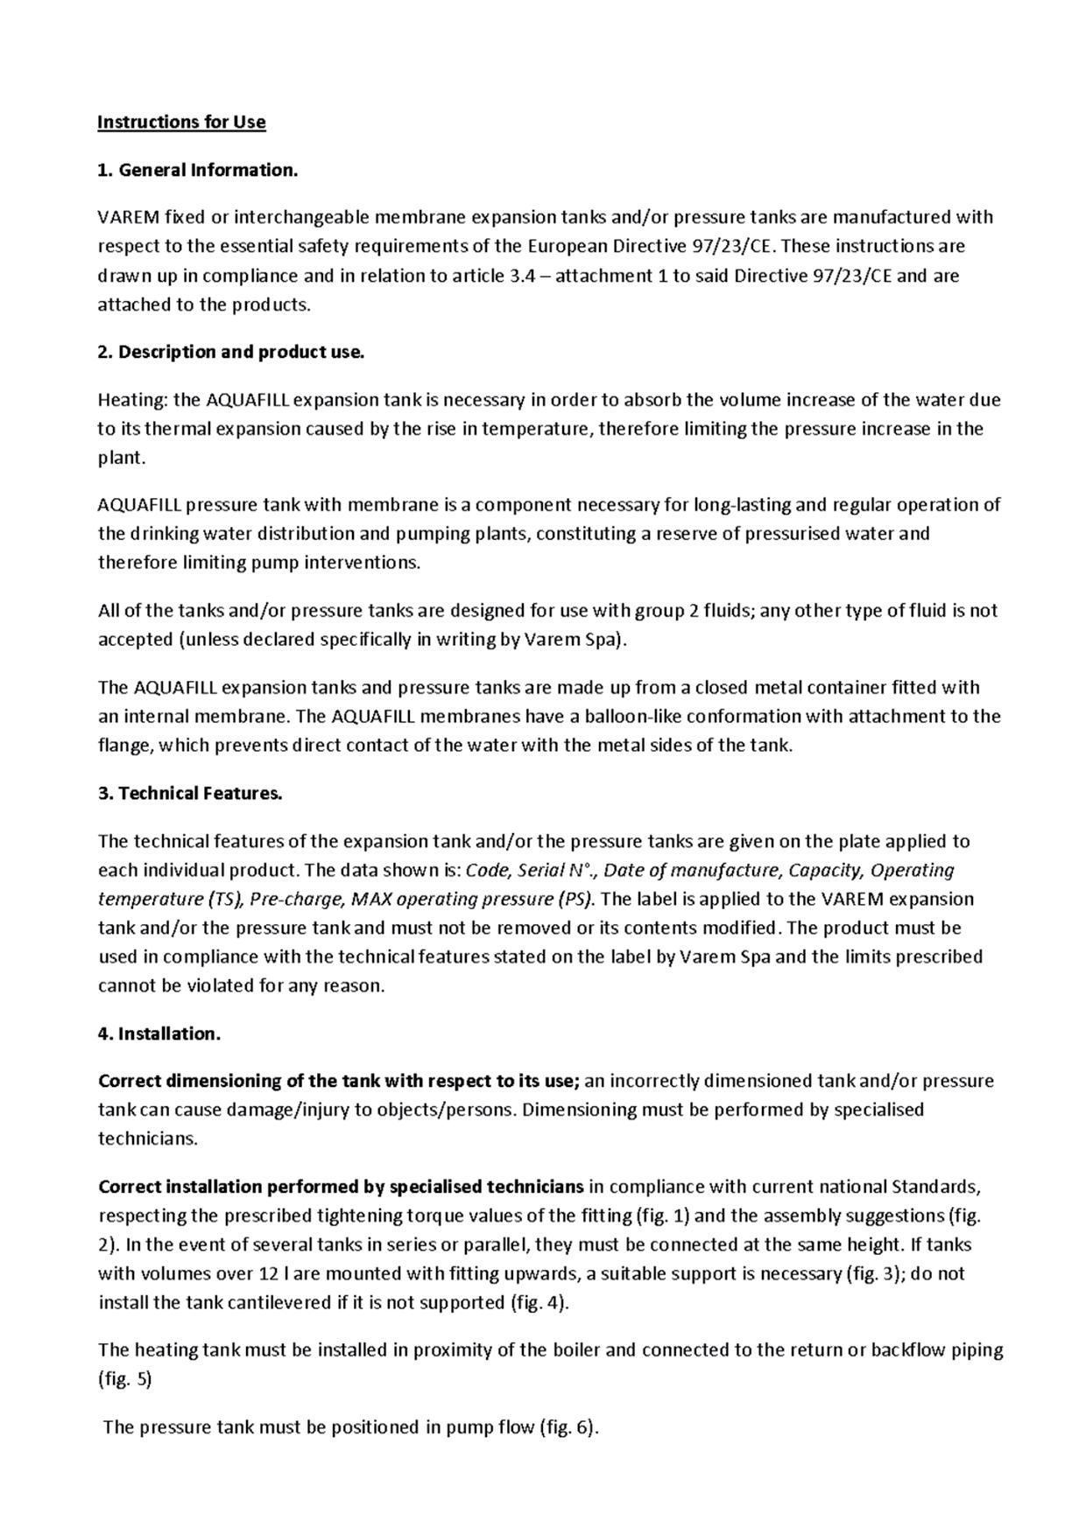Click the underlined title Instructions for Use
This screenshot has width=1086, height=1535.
click(x=181, y=122)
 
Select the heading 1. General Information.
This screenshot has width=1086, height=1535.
click(x=198, y=170)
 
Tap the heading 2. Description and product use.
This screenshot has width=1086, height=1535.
click(x=230, y=352)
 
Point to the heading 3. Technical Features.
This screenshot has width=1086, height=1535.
click(x=190, y=793)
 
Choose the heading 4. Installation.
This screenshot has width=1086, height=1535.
click(x=159, y=1034)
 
